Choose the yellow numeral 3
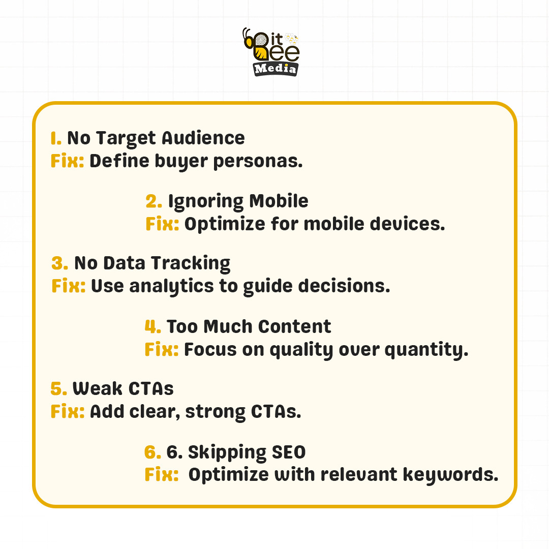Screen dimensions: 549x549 pyautogui.click(x=59, y=263)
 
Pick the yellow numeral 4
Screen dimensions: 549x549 pyautogui.click(x=152, y=326)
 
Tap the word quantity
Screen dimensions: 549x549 pyautogui.click(x=426, y=350)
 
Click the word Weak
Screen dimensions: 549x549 pyautogui.click(x=96, y=389)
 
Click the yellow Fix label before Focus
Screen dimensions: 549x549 pyautogui.click(x=161, y=350)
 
